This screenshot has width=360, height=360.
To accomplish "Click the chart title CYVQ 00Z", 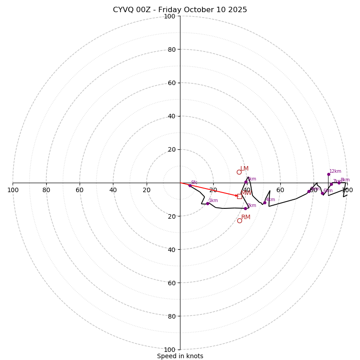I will click(180, 10).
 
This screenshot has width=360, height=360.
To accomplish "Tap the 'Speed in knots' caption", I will click(180, 356).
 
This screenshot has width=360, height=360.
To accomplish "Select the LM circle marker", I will click(239, 172).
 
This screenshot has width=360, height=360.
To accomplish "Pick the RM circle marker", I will click(239, 220).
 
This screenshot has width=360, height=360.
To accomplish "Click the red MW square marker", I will click(239, 196).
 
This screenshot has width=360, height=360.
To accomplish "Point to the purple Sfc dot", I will click(190, 185).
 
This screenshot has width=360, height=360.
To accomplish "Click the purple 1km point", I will click(207, 203).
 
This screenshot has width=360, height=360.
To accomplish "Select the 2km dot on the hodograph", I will click(245, 208).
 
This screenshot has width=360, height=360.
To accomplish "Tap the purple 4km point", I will click(265, 202).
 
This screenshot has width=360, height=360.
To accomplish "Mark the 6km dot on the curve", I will click(322, 193).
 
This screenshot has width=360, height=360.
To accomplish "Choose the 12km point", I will click(328, 174).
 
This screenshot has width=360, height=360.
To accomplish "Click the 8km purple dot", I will click(339, 183).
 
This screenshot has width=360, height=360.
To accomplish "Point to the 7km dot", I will click(331, 184).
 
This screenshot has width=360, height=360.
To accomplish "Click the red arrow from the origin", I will click(209, 189).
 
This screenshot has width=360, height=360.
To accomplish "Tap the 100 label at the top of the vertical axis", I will click(170, 17).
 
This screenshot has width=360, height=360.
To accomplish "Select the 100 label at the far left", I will click(13, 190).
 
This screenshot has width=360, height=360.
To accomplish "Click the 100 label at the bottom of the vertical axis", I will click(170, 350).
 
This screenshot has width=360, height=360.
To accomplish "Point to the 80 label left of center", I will click(46, 190).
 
